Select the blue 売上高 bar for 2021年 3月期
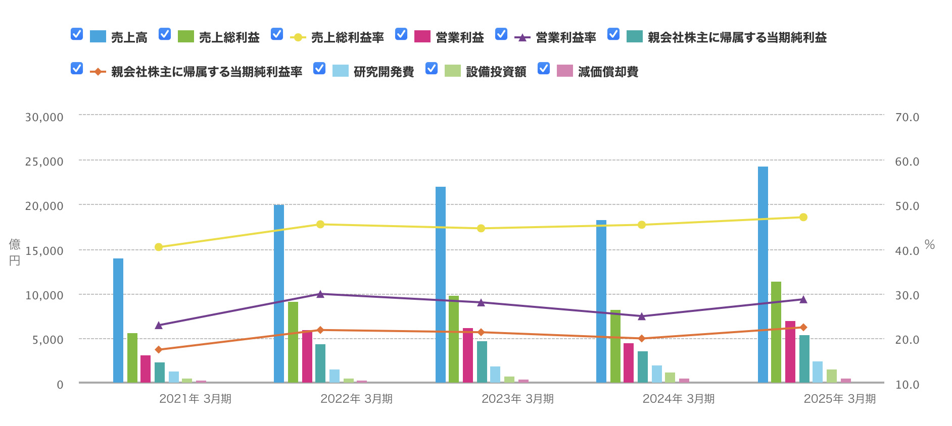pos(118,320)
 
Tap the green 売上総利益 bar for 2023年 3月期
pos(454,339)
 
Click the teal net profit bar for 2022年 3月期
pos(320,363)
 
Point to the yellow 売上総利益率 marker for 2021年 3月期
pos(159,247)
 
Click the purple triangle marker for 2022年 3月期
pos(320,294)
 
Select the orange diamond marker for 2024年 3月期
pos(642,339)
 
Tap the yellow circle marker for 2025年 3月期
pos(803,217)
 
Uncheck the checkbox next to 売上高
pos(77,34)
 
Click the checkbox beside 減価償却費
pos(544,68)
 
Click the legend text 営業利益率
pos(565,37)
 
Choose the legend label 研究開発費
pos(384,72)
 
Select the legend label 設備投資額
pos(496,72)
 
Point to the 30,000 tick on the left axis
pos(44,117)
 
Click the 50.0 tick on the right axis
pos(907,206)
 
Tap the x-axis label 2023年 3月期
pos(517,399)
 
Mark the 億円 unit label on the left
pos(15,252)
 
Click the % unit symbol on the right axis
pos(929,245)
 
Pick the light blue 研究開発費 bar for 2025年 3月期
pos(818,372)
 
